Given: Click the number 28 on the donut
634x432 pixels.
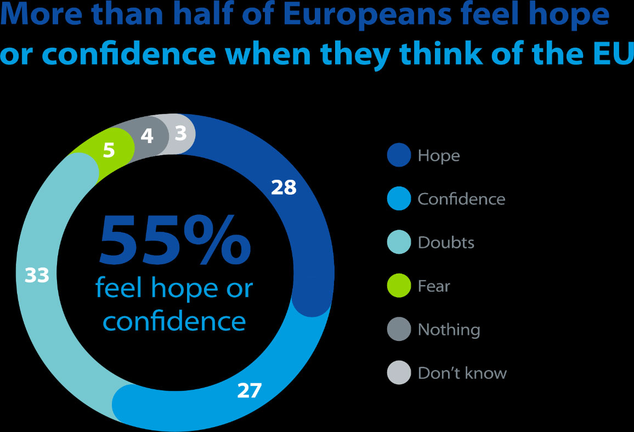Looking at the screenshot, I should coord(284,188).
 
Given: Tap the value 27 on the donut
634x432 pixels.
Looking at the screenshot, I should coord(250,391).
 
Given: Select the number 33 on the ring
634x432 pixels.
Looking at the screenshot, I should coord(37,276).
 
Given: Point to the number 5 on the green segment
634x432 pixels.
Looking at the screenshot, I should coord(109,150).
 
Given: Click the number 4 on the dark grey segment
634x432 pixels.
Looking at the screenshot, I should coord(146,136).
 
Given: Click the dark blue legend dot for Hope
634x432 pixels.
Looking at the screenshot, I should coord(399,155).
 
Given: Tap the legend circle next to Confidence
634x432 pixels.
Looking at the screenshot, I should coord(399,198).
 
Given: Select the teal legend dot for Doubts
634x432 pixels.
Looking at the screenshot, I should coord(399,242).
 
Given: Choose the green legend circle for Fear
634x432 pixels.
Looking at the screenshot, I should coord(399,286).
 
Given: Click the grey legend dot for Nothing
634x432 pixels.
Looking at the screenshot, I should coord(399,329).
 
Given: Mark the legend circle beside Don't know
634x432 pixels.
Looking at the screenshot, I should coord(399,373).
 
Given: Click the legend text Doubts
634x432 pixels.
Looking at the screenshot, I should coord(446,242).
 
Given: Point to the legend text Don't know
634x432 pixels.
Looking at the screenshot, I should coord(462,373).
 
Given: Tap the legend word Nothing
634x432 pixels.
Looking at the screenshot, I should coord(449,329).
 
